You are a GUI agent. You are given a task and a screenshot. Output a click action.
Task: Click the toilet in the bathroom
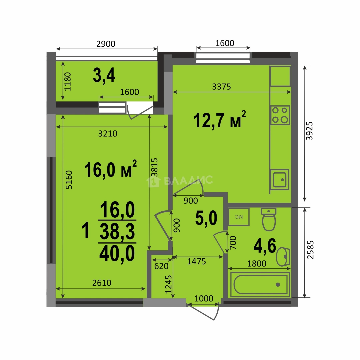(x=269, y=219)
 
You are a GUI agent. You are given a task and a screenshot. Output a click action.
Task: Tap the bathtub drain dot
(x=278, y=285)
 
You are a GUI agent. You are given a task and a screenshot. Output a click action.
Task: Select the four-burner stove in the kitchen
(x=280, y=115)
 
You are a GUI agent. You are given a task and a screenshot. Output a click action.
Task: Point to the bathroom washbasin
(x=283, y=257)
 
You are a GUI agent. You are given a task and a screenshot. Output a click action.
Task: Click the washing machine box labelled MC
(x=239, y=217)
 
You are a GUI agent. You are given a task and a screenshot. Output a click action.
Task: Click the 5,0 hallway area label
(x=206, y=218)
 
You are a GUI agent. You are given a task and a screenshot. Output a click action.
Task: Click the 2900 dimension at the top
(x=106, y=44)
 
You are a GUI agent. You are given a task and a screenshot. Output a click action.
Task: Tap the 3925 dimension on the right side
(x=309, y=131)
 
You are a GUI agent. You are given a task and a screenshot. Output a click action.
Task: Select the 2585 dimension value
(x=310, y=250)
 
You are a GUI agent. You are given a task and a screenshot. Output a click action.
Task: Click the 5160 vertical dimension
(x=69, y=180)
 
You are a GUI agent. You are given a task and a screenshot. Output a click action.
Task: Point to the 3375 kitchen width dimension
(x=221, y=87)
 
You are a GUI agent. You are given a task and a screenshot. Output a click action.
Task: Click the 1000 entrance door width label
(x=204, y=298)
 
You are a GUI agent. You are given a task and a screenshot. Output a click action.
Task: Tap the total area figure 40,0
(x=117, y=253)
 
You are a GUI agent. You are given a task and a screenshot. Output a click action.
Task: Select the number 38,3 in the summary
(x=117, y=231)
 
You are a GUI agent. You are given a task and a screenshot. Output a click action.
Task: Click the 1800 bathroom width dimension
(x=257, y=264)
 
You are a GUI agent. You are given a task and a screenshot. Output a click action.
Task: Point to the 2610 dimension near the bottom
(x=102, y=283)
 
